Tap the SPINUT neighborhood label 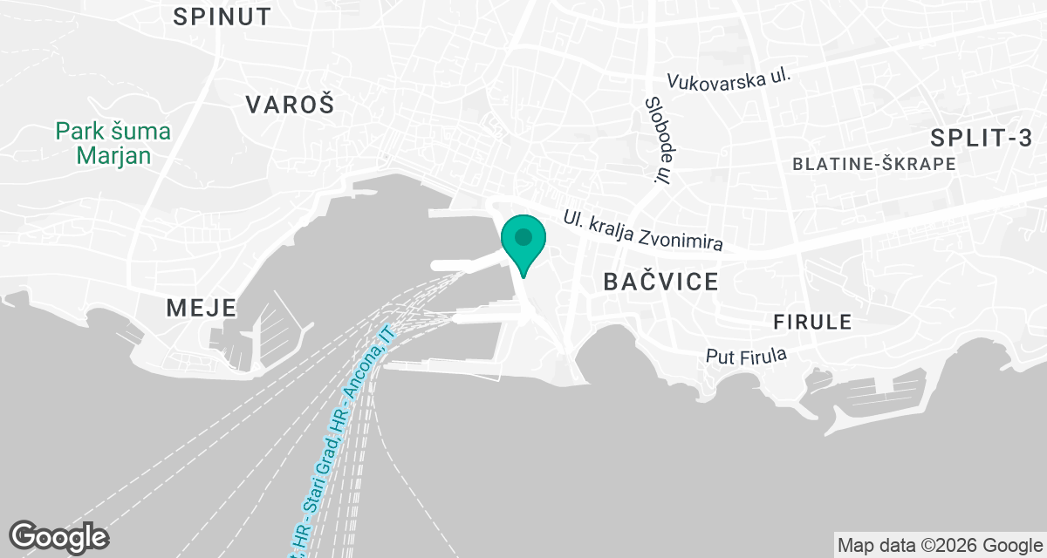click(222, 16)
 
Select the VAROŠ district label click(289, 105)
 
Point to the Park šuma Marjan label click(113, 144)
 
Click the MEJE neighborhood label click(201, 307)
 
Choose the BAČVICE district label click(661, 281)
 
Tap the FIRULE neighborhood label click(811, 322)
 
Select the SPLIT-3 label click(981, 137)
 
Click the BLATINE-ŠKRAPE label click(873, 164)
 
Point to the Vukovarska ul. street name click(729, 79)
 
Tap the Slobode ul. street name click(657, 139)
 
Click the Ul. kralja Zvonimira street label click(643, 230)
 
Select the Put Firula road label click(746, 356)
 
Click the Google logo click(58, 536)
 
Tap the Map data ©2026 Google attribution click(940, 546)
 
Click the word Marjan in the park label click(113, 155)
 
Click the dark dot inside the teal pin click(523, 236)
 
